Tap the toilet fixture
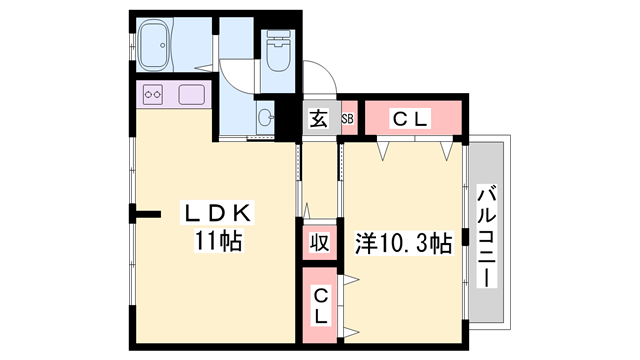[x=277, y=52]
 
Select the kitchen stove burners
[x=155, y=96]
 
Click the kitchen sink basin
[x=190, y=96]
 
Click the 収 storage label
[x=318, y=242]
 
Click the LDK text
[x=220, y=213]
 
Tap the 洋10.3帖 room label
[x=403, y=242]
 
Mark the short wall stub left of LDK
[x=146, y=212]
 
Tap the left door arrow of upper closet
[x=383, y=152]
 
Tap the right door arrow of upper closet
[x=447, y=152]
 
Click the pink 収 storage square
[x=318, y=243]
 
